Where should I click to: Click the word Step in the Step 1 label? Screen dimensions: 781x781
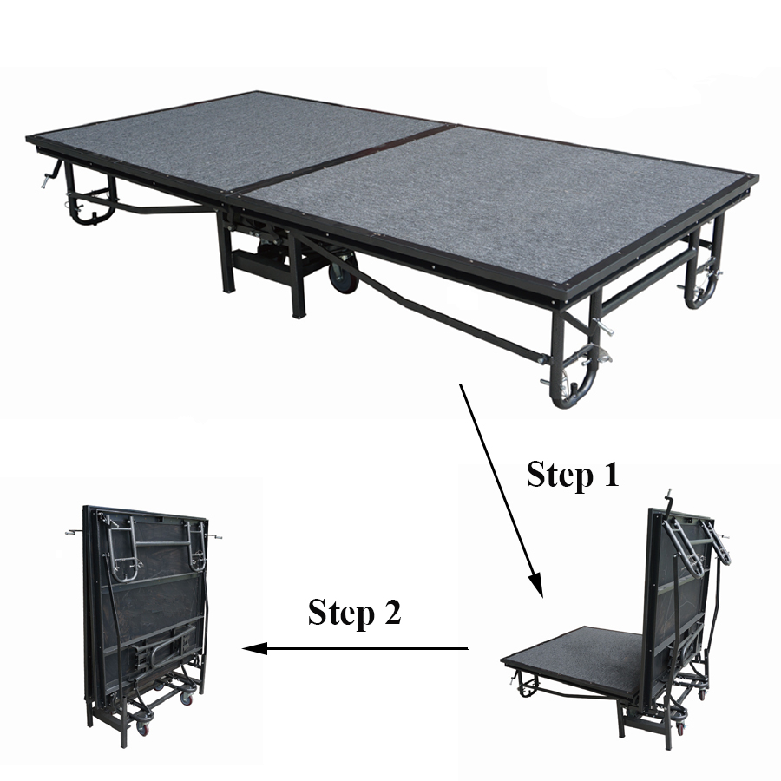560,476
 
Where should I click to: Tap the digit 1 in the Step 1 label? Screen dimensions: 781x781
610,474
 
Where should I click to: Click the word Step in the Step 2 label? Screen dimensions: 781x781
341,614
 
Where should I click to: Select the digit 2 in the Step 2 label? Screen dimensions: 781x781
392,612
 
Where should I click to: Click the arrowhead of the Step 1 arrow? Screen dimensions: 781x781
536,584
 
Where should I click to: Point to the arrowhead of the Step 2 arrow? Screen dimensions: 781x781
254,648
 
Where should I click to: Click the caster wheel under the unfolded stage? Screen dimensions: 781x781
342,273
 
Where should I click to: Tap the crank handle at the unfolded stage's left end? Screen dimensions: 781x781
51,174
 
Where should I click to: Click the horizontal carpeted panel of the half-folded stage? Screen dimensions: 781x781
573,658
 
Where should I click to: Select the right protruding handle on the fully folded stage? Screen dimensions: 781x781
214,537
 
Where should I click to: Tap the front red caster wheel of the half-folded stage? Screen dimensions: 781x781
680,728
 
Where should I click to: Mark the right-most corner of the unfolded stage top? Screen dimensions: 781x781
758,176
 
